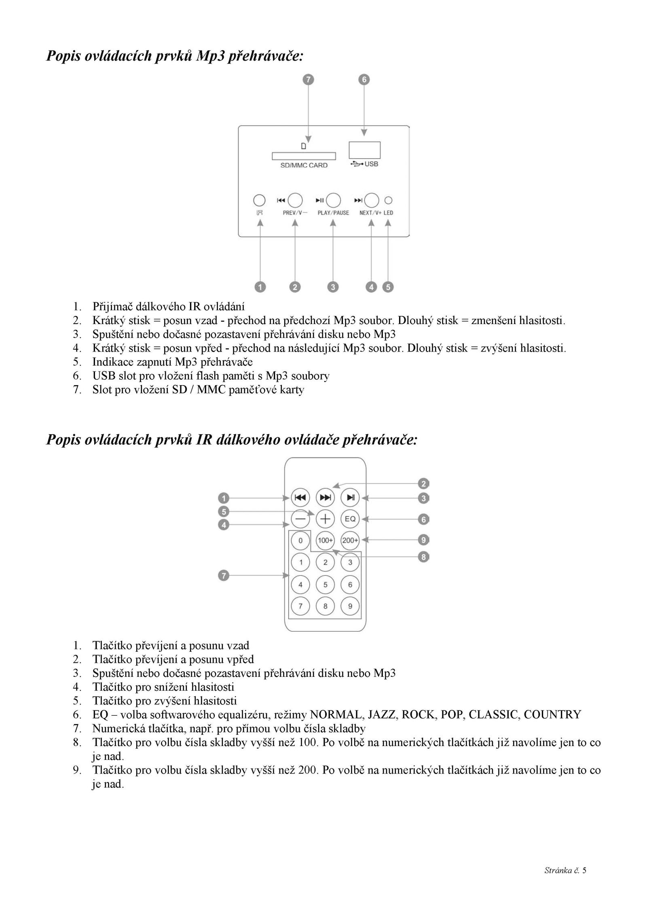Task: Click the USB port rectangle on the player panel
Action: (364, 150)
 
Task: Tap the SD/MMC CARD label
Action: (304, 165)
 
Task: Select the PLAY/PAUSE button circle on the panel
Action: (334, 200)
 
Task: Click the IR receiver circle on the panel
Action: (259, 200)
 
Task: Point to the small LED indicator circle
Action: (388, 200)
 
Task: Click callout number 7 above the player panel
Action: (308, 80)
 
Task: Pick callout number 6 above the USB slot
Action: (364, 80)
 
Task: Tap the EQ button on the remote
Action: (350, 519)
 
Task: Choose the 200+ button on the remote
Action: (350, 540)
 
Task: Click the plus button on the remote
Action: (325, 519)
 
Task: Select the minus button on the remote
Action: (300, 519)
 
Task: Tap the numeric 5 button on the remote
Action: (325, 584)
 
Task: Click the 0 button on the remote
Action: (300, 540)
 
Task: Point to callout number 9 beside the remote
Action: (423, 540)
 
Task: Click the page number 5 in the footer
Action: (584, 870)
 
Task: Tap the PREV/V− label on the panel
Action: (295, 213)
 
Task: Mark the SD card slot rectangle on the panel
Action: (304, 156)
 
